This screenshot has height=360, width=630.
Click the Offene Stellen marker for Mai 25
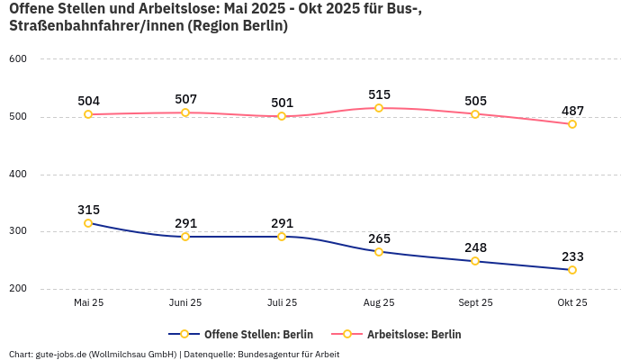point(88,223)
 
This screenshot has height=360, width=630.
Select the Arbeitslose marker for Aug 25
point(379,108)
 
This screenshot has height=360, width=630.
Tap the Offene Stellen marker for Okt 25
point(572,270)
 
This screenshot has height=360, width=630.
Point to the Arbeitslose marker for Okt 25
point(572,124)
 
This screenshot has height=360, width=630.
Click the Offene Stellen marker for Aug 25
point(379,252)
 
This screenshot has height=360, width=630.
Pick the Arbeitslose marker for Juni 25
point(185,112)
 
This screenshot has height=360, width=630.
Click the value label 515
point(379,94)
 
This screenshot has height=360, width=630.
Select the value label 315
point(88,210)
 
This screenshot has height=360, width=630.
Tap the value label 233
point(572,256)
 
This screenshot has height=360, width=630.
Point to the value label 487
point(572,111)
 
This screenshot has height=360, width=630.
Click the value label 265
point(379,238)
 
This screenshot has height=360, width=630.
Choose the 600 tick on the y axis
point(18,59)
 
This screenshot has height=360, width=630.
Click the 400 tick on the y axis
point(18,175)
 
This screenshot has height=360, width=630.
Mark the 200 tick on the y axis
point(18,289)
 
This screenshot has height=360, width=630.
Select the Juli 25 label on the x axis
point(282,303)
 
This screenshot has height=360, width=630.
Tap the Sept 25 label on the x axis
point(475,303)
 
